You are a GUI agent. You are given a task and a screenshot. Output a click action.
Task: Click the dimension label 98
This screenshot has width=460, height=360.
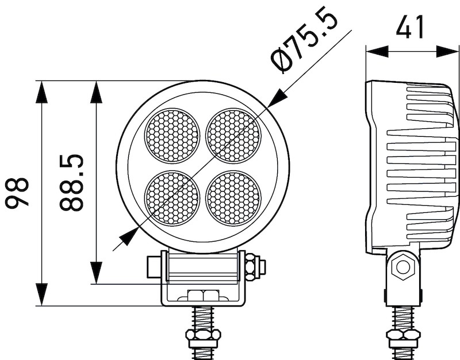coord(17,193)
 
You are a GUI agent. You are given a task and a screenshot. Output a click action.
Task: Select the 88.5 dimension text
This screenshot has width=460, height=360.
coord(72,183)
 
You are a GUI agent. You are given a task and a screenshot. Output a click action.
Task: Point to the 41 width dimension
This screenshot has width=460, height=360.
coord(412,26)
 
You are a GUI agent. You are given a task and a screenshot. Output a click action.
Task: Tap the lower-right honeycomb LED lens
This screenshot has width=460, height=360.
coord(233,198)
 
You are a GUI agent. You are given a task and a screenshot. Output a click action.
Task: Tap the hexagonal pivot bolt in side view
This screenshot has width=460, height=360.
coord(402,267)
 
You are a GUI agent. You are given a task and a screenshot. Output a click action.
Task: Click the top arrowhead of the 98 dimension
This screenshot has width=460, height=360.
coord(43,92)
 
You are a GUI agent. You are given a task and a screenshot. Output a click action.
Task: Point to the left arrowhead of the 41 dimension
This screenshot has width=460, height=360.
coord(377,51)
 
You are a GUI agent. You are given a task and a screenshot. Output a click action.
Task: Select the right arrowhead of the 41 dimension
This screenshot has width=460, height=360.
coord(448,51)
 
